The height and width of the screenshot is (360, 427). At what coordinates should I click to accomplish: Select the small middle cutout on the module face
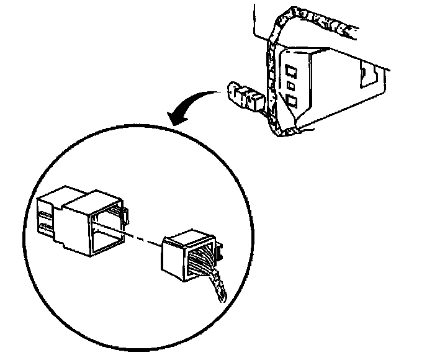tap(291, 84)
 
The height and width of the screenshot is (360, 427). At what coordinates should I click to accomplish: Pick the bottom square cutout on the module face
tap(292, 101)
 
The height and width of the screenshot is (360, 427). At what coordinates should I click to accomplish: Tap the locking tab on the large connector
tap(125, 215)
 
